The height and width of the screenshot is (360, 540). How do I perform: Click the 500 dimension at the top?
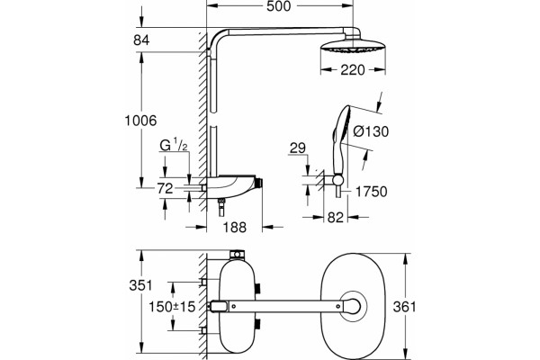click(x=279, y=6)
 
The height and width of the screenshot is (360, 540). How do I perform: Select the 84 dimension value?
click(x=141, y=40)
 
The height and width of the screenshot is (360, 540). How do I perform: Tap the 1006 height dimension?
click(x=140, y=121)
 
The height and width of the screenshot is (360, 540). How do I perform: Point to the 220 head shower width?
click(x=353, y=70)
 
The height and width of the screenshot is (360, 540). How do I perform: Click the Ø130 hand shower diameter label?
click(x=371, y=131)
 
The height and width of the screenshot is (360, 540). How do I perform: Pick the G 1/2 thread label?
click(x=174, y=146)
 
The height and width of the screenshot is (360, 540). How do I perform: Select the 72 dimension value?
click(x=165, y=189)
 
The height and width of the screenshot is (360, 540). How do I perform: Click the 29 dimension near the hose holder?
click(x=298, y=148)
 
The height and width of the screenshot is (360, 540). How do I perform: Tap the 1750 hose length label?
click(x=371, y=192)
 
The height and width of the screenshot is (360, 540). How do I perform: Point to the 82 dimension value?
click(x=336, y=218)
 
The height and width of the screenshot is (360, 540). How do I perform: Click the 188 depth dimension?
click(x=235, y=228)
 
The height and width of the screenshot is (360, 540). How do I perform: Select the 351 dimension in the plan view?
click(x=140, y=285)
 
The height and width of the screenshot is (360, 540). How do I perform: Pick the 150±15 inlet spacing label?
click(x=172, y=307)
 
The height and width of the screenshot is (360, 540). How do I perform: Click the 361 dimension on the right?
click(x=405, y=307)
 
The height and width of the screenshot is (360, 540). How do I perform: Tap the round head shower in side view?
click(x=353, y=48)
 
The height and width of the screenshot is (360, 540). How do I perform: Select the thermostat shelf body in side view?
click(x=231, y=187)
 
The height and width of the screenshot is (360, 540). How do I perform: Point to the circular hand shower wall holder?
click(x=337, y=180)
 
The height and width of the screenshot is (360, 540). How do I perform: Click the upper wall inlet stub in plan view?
click(x=204, y=282)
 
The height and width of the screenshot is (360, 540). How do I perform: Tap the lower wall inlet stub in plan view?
click(x=204, y=331)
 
